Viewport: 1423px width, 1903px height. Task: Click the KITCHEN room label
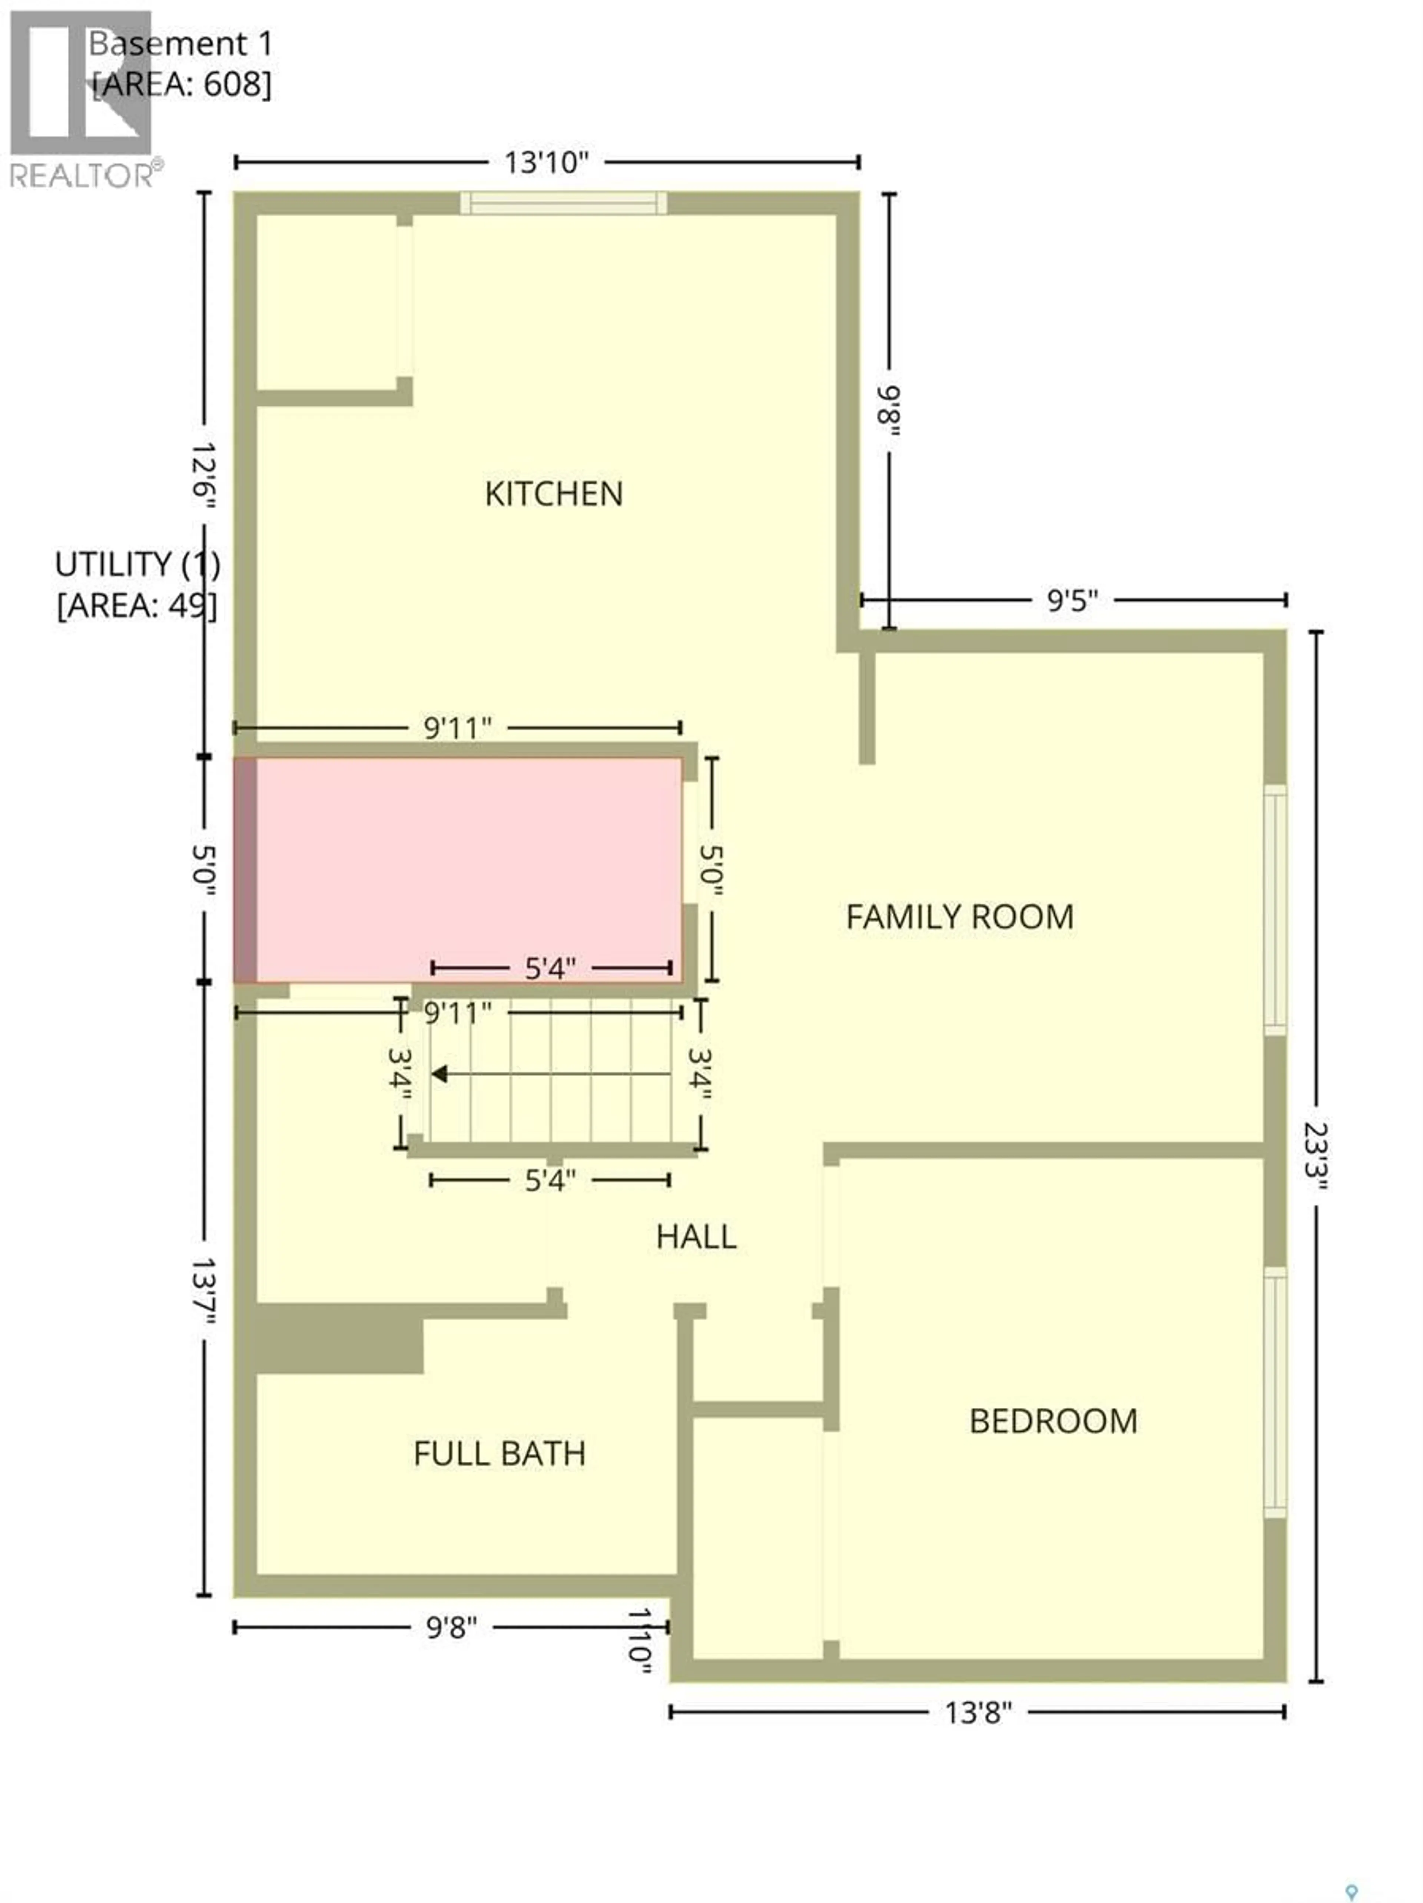553,494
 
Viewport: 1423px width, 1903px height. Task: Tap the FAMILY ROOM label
959,917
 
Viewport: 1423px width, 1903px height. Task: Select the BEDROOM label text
1052,1421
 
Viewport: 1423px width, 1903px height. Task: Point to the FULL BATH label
499,1454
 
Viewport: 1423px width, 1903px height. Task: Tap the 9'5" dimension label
1072,600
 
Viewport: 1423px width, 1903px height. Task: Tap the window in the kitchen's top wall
563,203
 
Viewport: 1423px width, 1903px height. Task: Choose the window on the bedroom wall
1274,1391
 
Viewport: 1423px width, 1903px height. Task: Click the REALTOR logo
82,99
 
